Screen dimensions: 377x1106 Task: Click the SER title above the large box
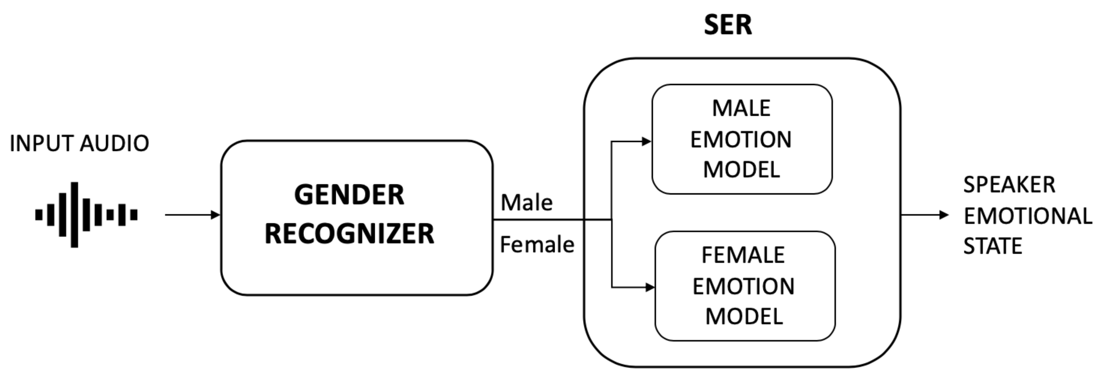tap(728, 25)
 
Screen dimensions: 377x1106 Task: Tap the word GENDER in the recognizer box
tap(349, 195)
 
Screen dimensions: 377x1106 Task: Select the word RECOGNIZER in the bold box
tap(349, 234)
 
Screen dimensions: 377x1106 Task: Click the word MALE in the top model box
tap(741, 108)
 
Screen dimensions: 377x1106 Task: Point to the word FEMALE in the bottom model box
tap(743, 255)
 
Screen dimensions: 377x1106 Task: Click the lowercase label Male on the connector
tap(526, 203)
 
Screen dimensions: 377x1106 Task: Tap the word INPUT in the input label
tap(42, 143)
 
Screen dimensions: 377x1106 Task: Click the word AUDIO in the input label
tap(114, 143)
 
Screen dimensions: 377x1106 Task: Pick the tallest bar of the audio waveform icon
tap(74, 215)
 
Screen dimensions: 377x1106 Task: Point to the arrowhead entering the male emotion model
tap(646, 141)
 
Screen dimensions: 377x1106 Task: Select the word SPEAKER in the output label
tap(1009, 185)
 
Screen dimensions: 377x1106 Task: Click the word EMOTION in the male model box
tap(741, 140)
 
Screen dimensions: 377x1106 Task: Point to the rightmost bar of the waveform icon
tap(134, 215)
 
